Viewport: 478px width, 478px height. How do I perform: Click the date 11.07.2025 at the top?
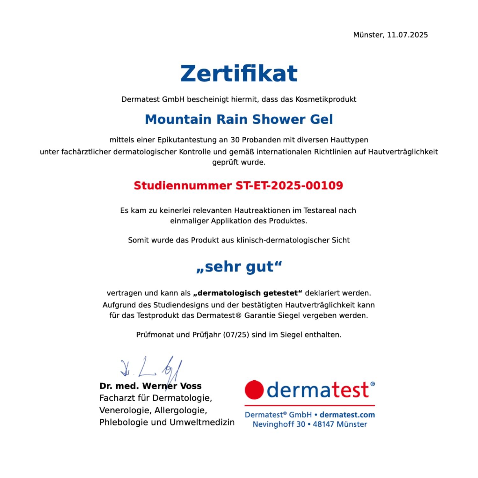pyautogui.click(x=407, y=35)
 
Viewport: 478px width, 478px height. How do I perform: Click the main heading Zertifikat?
pyautogui.click(x=239, y=74)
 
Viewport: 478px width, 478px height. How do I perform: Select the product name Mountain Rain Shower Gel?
pyautogui.click(x=239, y=119)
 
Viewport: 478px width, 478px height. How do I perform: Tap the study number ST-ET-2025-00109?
pyautogui.click(x=289, y=185)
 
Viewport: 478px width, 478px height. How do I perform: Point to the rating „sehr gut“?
pyautogui.click(x=239, y=267)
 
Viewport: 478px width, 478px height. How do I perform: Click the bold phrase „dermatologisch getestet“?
pyautogui.click(x=248, y=293)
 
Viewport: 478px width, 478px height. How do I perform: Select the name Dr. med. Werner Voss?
pyautogui.click(x=150, y=386)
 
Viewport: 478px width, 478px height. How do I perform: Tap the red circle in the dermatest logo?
pyautogui.click(x=254, y=389)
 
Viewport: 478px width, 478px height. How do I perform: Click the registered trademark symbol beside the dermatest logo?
pyautogui.click(x=373, y=384)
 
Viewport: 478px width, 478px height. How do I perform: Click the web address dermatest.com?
pyautogui.click(x=347, y=415)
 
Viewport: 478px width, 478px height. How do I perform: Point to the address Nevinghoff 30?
pyautogui.click(x=279, y=424)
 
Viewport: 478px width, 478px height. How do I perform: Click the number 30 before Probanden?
pyautogui.click(x=235, y=140)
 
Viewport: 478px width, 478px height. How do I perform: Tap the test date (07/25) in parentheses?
pyautogui.click(x=236, y=335)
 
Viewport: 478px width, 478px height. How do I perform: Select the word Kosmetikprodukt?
pyautogui.click(x=326, y=99)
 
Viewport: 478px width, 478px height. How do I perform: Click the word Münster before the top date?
pyautogui.click(x=368, y=35)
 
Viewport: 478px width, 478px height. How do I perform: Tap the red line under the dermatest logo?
pyautogui.click(x=309, y=405)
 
